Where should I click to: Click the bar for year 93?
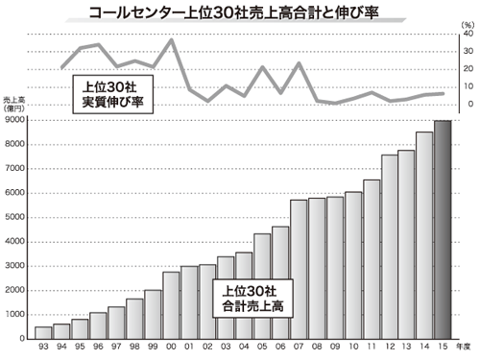[x=43, y=333]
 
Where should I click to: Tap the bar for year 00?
[x=171, y=305]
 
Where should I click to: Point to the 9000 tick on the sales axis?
[x=16, y=121]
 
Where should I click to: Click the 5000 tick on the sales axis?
[x=16, y=218]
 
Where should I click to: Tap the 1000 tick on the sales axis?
[x=16, y=315]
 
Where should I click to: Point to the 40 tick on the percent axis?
[x=468, y=33]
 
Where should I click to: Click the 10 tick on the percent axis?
[x=468, y=86]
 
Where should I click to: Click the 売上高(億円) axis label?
[x=15, y=105]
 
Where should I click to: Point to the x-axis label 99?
[x=153, y=348]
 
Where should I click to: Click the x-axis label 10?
[x=353, y=348]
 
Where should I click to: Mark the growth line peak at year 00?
[x=171, y=39]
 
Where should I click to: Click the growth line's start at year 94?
[x=61, y=68]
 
